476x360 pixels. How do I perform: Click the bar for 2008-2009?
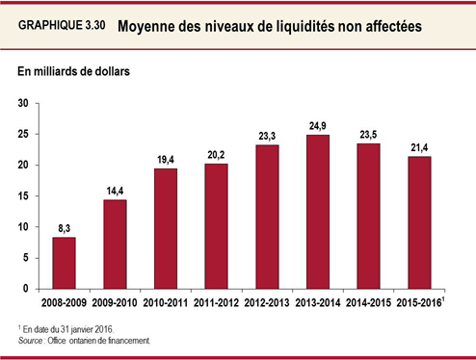click(64, 263)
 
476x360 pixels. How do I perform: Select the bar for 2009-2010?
click(115, 244)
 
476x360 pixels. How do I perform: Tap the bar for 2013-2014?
click(318, 212)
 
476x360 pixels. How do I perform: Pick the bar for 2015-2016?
click(419, 222)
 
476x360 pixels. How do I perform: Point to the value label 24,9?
click(318, 126)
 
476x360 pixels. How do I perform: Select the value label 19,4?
click(165, 160)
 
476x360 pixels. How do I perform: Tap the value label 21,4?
click(419, 148)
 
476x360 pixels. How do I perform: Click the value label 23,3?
click(267, 136)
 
